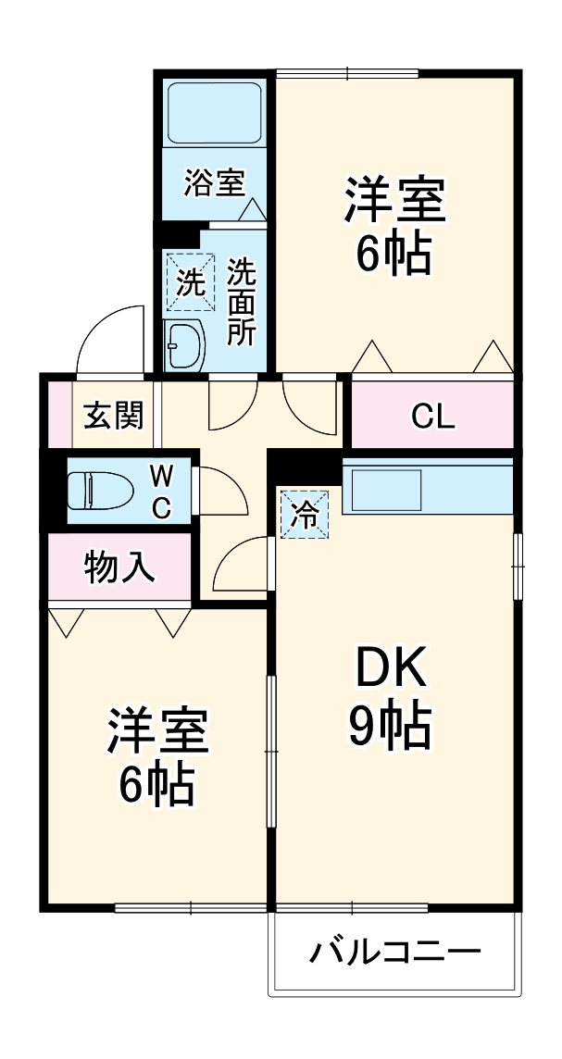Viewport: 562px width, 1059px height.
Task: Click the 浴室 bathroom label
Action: pyautogui.click(x=214, y=182)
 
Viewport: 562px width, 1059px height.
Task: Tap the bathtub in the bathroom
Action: pyautogui.click(x=215, y=111)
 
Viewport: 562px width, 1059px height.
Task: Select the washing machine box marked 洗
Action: pyautogui.click(x=189, y=280)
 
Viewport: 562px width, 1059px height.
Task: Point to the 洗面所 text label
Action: pyautogui.click(x=242, y=302)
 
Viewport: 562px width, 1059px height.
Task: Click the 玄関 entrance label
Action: pyautogui.click(x=114, y=416)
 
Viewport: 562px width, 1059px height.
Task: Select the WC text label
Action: pyautogui.click(x=161, y=492)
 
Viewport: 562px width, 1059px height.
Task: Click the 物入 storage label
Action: pyautogui.click(x=119, y=567)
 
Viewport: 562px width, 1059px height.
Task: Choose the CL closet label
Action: pyautogui.click(x=432, y=417)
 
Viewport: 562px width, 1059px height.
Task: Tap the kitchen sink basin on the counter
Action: pyautogui.click(x=383, y=489)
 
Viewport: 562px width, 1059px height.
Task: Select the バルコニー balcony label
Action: pyautogui.click(x=395, y=951)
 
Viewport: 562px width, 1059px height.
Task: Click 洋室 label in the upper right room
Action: pyautogui.click(x=395, y=199)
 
